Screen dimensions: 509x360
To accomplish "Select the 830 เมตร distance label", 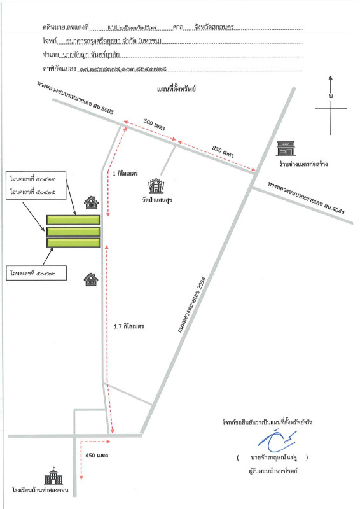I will (x=224, y=150).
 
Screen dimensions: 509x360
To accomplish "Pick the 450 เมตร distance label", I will (x=97, y=456).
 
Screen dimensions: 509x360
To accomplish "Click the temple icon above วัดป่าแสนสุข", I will (x=155, y=186).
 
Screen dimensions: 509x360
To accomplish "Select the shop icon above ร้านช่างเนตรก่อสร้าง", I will (x=284, y=149).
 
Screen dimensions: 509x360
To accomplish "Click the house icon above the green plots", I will (x=92, y=203).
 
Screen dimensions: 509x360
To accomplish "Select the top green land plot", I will (x=73, y=220).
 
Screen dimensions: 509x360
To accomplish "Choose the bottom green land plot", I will (x=73, y=243).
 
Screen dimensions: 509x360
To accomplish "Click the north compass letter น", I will (x=331, y=95).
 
